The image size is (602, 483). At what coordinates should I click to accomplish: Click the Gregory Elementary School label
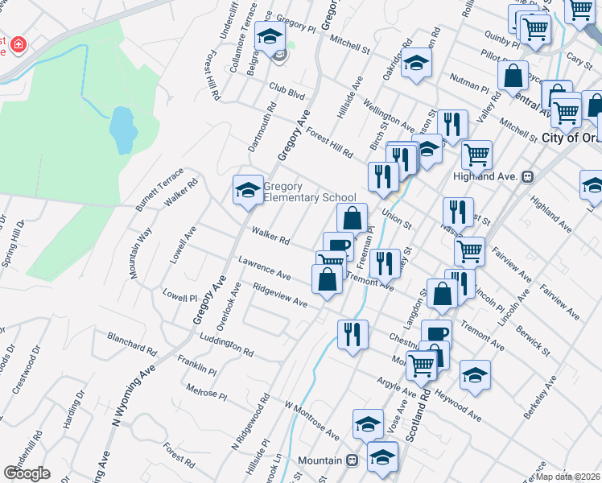(x=309, y=192)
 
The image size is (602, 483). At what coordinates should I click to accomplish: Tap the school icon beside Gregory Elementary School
(x=248, y=190)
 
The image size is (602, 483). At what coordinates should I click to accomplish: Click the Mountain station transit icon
(x=352, y=460)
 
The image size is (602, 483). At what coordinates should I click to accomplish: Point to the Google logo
(x=27, y=473)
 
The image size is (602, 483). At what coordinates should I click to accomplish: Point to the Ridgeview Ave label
(x=279, y=296)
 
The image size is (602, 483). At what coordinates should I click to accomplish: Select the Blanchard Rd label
(x=131, y=344)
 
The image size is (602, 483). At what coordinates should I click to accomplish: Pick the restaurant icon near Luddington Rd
(x=353, y=332)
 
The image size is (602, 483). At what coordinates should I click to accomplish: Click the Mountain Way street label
(x=141, y=253)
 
